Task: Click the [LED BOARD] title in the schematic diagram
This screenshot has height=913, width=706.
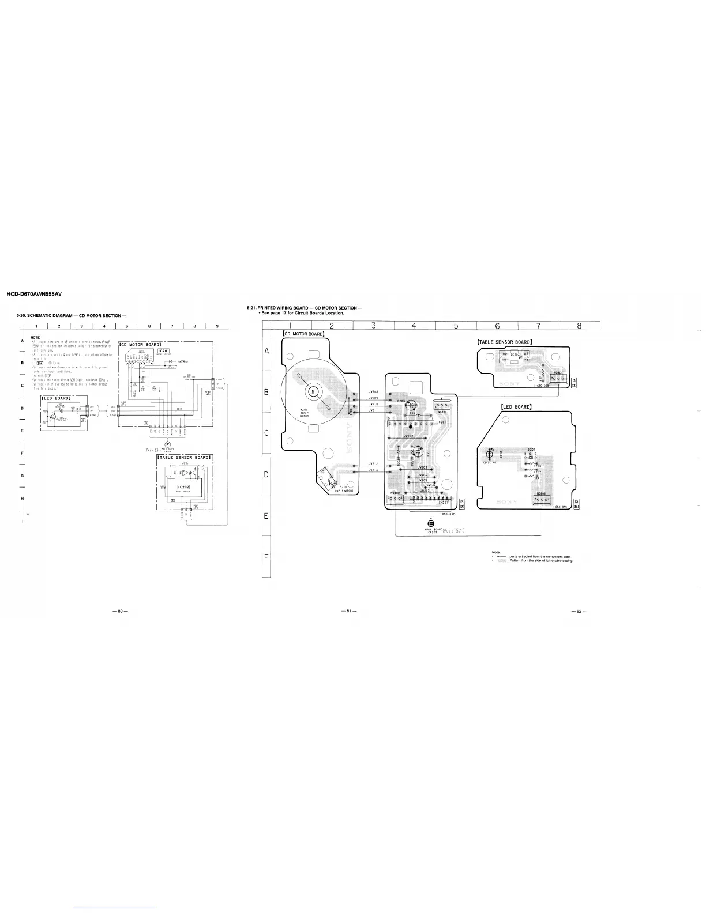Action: tap(56, 398)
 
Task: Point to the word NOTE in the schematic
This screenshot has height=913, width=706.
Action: tap(35, 337)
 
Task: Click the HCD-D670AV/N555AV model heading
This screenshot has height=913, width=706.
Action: tap(33, 295)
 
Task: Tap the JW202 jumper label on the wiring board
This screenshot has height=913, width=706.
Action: tap(408, 436)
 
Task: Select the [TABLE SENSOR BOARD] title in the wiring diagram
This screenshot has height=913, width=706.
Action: tap(504, 341)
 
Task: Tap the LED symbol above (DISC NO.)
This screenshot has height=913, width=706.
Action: tap(490, 452)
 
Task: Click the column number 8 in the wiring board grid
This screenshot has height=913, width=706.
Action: tap(579, 326)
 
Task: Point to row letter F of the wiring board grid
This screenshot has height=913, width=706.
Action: tap(266, 557)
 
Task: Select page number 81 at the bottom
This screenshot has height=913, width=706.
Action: tap(346, 610)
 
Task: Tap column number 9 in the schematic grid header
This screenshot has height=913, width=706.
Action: tap(216, 327)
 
